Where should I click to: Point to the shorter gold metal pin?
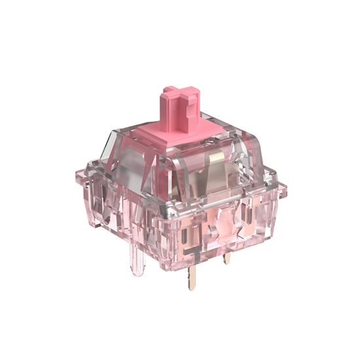tap(227, 258)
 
